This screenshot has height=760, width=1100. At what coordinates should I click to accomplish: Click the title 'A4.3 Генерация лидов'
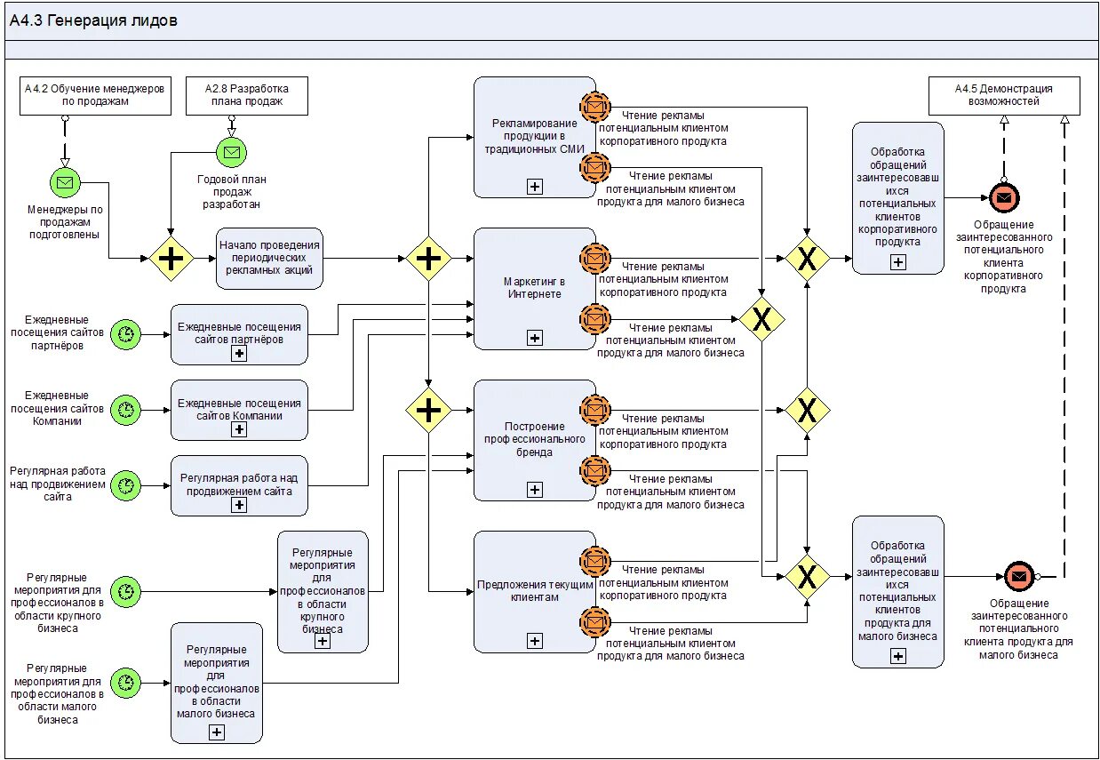click(x=93, y=20)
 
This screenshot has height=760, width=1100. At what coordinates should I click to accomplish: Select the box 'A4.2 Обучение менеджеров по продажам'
click(x=95, y=95)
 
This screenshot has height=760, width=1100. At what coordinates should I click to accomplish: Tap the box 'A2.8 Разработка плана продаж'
click(x=246, y=95)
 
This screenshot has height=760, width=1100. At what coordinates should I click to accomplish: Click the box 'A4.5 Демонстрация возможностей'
click(x=1004, y=95)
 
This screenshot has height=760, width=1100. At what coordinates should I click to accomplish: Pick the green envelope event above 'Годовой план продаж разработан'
click(x=231, y=152)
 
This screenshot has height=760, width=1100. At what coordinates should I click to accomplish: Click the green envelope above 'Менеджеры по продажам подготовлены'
click(x=65, y=183)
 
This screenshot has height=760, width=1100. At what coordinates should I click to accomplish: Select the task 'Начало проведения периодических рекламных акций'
click(x=269, y=258)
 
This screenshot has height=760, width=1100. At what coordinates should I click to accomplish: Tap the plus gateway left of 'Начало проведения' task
click(x=171, y=259)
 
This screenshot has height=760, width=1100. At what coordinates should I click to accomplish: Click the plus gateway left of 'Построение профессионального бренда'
click(x=428, y=410)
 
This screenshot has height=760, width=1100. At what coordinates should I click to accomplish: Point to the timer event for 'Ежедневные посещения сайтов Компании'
click(x=125, y=410)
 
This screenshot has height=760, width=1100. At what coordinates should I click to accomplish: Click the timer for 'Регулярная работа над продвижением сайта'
click(x=125, y=485)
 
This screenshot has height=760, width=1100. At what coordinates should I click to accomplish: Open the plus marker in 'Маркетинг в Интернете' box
click(x=534, y=338)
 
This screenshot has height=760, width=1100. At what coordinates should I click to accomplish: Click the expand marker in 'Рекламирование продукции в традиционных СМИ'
click(x=534, y=187)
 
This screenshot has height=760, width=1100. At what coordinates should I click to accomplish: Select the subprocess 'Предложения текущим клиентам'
click(x=534, y=591)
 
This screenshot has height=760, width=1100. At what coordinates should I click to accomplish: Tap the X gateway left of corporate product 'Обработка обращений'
click(x=807, y=259)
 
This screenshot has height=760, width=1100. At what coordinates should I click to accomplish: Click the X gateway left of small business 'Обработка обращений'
click(x=807, y=576)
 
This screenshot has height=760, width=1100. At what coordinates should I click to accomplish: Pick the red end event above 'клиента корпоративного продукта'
click(x=1004, y=197)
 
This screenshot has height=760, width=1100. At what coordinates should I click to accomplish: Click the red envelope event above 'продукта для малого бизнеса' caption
click(x=1018, y=576)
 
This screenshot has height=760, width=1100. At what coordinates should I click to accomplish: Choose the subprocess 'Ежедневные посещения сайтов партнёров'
click(x=239, y=334)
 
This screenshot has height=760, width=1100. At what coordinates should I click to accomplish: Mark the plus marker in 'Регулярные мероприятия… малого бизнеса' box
click(x=217, y=732)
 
